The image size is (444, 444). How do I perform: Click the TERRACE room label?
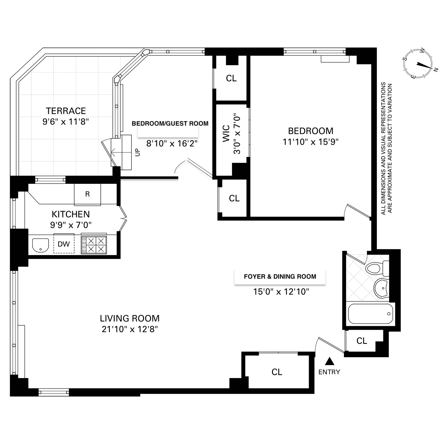pos(66,111)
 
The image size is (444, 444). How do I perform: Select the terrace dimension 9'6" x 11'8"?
pos(66,122)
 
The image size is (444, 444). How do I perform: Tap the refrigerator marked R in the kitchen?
pos(87,194)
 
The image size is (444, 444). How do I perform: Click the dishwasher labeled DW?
pos(64,244)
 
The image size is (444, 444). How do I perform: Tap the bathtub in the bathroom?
pos(371,314)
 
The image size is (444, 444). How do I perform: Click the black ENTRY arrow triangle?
pos(329,361)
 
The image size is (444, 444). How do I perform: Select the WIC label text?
pos(226,133)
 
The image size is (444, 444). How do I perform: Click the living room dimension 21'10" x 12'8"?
pos(130,329)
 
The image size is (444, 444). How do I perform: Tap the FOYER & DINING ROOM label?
pos(280,276)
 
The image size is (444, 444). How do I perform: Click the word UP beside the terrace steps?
pos(137,152)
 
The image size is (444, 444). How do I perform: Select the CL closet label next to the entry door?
pos(362,341)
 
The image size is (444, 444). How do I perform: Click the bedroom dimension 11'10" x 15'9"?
pos(311,142)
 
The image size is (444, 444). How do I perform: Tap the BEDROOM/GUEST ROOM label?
pos(170,123)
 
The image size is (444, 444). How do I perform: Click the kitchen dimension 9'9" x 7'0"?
pos(71,225)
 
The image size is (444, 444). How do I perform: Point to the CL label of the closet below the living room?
pos(277,372)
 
